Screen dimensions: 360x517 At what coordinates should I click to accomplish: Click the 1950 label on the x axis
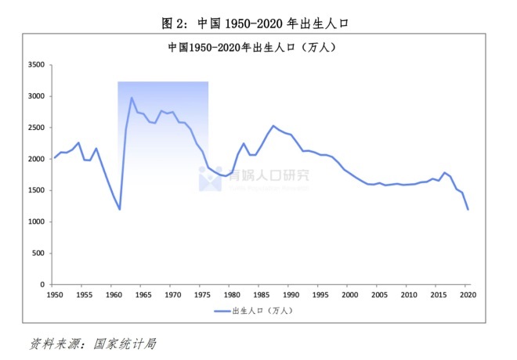pos(55,295)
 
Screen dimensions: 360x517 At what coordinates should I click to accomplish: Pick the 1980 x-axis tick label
pos(232,295)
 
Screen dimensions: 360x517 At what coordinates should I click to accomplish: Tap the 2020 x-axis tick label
pos(468,295)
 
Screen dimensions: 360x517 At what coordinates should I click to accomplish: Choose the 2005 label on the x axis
pos(379,295)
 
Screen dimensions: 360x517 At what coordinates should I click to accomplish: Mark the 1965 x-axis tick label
pos(143,295)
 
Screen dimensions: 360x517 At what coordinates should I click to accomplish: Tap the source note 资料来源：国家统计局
pos(94,344)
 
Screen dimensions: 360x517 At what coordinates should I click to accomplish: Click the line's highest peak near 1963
pos(132,98)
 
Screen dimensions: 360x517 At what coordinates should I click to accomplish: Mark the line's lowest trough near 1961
pos(120,209)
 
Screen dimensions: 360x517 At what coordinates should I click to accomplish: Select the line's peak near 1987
pos(273,126)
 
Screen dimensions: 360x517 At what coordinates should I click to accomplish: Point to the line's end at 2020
pos(468,209)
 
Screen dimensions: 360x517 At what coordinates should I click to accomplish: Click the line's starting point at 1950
pos(55,157)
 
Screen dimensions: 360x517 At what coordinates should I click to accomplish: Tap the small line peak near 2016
pos(444,172)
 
